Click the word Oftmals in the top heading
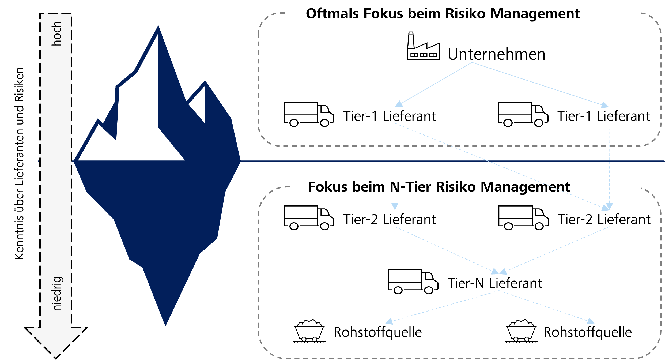click(x=332, y=13)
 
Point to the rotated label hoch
click(x=56, y=33)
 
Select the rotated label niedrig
click(x=57, y=294)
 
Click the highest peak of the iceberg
click(x=158, y=27)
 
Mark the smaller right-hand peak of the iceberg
click(x=205, y=82)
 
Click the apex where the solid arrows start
click(x=472, y=63)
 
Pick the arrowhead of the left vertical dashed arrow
click(x=395, y=207)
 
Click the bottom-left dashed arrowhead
click(x=389, y=321)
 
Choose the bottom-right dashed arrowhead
click(x=591, y=321)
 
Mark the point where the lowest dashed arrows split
click(x=499, y=291)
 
